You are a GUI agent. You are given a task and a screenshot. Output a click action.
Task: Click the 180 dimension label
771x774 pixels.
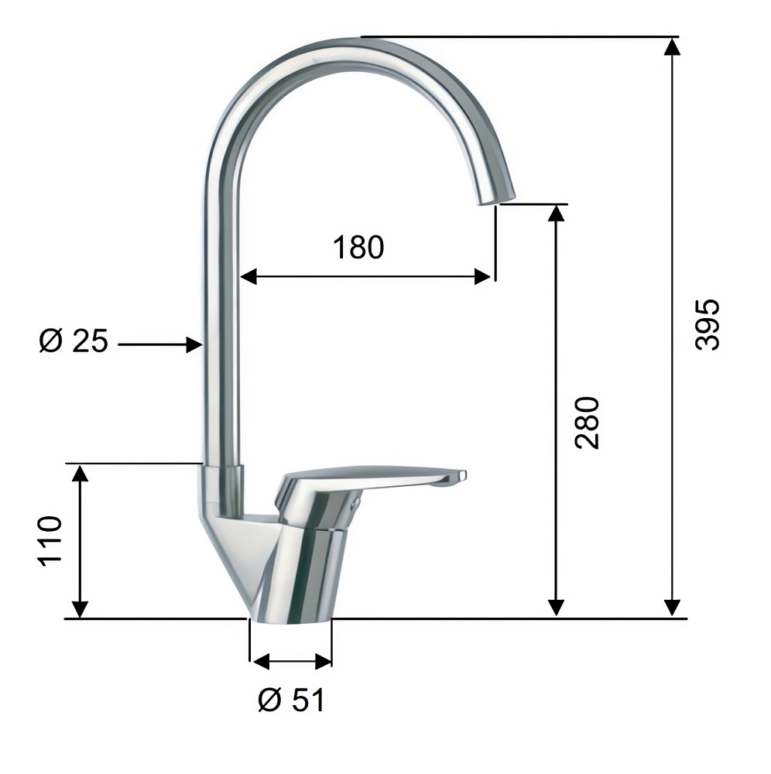(x=358, y=248)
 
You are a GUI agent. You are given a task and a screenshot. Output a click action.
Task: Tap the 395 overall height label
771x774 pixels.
(x=707, y=324)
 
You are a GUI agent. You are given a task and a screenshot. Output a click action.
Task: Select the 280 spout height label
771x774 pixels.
(x=587, y=423)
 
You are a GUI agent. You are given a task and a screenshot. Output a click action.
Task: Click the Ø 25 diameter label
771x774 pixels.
(x=73, y=341)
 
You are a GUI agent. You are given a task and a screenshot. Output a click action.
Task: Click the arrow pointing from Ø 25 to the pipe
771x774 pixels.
(x=160, y=344)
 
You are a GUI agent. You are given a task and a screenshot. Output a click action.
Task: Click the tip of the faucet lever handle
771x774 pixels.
(x=462, y=475)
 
